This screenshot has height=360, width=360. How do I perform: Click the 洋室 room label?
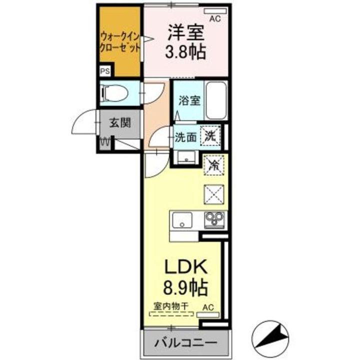coord(186,32)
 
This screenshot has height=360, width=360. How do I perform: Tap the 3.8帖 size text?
coord(185,51)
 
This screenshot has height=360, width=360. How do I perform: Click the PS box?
coord(105,71)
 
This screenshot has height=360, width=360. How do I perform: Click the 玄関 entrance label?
coord(120,123)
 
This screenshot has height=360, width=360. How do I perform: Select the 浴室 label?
coord(189,100)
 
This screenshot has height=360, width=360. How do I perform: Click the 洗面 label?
coord(185,137)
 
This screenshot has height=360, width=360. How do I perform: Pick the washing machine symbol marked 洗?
coord(210,136)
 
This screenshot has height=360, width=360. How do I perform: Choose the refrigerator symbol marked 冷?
coord(213,165)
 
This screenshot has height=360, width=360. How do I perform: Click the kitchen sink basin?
coord(182,220)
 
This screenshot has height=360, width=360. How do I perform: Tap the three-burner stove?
coord(214,220)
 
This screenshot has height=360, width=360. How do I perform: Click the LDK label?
coord(185,267)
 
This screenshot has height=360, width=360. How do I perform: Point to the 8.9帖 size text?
coord(185,287)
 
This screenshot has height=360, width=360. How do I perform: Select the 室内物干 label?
coord(171,306)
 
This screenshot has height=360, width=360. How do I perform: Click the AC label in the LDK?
coord(208,307)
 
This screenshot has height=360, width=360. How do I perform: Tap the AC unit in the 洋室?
coord(215,11)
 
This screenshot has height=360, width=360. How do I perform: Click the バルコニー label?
coord(185,343)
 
